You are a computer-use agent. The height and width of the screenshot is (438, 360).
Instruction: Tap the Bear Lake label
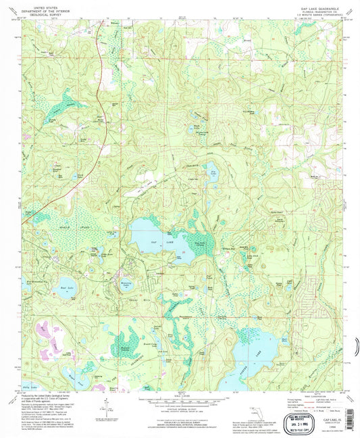point(66,277)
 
